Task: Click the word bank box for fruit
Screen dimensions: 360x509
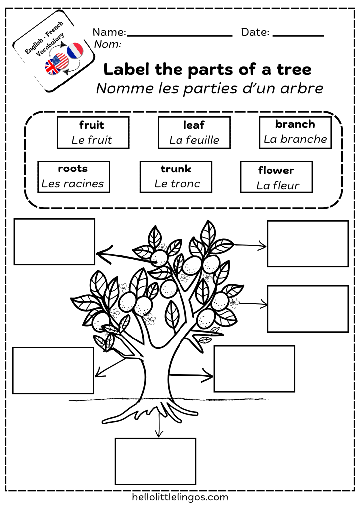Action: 93,132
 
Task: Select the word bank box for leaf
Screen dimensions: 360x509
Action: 194,132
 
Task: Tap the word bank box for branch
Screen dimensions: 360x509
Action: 295,132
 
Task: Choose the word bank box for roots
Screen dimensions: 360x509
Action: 74,177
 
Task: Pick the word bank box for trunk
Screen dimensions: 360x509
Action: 176,177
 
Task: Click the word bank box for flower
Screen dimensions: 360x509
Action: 276,177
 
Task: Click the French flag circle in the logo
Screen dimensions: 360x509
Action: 75,50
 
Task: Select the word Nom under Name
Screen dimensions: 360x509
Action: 108,44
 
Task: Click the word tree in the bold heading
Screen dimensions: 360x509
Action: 294,69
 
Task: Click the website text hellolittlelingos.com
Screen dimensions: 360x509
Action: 180,497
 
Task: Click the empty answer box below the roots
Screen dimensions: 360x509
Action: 156,461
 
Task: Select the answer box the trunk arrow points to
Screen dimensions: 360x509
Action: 255,369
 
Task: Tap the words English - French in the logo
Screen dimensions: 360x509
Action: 44,38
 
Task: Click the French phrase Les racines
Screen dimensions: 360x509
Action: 73,184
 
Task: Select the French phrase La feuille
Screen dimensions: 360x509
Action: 194,140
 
